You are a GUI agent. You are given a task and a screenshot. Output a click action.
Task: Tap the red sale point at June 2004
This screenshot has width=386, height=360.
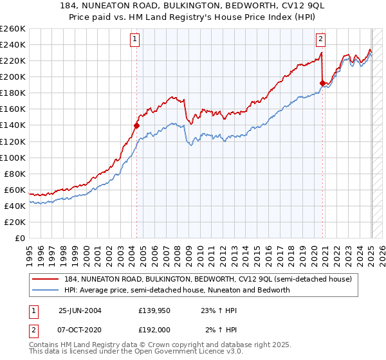tap(136, 125)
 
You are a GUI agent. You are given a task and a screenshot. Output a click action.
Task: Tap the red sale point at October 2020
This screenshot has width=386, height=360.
tap(322, 83)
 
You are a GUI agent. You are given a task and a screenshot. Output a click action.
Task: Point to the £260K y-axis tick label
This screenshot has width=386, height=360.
tap(12, 29)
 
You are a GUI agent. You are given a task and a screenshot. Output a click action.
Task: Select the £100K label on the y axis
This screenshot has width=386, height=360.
tap(12, 157)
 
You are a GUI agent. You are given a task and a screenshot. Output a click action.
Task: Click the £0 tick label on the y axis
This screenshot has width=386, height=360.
tap(20, 238)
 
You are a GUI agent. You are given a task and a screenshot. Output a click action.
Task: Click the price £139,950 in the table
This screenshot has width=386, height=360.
tap(153, 310)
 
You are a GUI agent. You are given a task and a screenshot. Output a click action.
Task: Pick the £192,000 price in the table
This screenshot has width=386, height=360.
tap(153, 329)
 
